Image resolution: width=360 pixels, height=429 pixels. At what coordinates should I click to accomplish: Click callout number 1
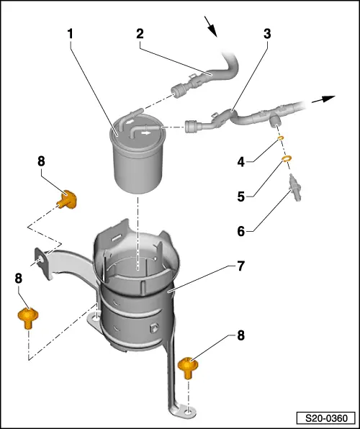(x=71, y=34)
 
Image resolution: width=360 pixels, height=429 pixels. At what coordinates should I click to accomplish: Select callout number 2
(x=140, y=34)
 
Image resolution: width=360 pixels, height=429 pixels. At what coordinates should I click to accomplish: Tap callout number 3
(x=267, y=34)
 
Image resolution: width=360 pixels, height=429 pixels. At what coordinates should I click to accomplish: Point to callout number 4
(x=241, y=162)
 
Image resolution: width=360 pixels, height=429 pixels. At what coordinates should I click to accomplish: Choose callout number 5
(x=241, y=197)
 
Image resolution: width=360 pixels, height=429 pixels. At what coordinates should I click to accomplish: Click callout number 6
(x=241, y=232)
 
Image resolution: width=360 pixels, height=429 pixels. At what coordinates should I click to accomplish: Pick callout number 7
(x=241, y=266)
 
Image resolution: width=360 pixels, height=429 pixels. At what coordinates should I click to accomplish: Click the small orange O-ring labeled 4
(x=280, y=138)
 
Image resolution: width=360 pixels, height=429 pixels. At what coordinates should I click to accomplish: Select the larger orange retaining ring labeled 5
(x=287, y=158)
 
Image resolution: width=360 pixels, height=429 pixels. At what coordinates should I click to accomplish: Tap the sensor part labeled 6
(x=295, y=188)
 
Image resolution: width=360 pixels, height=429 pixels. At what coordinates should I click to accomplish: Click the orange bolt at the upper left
(x=67, y=199)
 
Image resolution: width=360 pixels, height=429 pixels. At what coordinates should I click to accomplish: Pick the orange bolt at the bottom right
(x=188, y=367)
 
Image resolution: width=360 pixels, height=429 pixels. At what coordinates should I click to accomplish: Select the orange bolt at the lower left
(x=28, y=317)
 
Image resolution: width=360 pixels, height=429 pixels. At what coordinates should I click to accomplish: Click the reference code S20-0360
(x=326, y=418)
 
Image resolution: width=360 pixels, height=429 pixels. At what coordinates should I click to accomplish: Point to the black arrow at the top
(x=210, y=27)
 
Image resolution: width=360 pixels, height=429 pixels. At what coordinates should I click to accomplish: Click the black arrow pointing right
(x=323, y=99)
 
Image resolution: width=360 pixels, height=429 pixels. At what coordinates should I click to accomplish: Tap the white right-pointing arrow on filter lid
(x=146, y=133)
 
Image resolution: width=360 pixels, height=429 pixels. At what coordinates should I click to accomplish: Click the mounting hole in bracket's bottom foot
(x=188, y=411)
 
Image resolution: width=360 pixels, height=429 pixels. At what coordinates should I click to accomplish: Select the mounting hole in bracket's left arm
(x=41, y=258)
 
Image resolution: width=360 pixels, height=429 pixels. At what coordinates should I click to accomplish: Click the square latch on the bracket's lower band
(x=154, y=328)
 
